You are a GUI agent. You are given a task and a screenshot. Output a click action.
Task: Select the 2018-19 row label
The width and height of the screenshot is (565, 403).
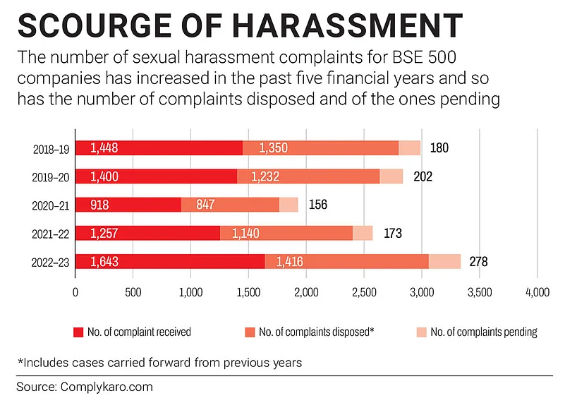51,148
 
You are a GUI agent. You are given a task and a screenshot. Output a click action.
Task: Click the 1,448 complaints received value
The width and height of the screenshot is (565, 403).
105,148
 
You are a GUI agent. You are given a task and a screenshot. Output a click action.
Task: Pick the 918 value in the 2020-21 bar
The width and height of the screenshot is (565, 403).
101,205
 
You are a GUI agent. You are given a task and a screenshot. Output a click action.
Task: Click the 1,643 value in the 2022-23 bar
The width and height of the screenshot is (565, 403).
105,262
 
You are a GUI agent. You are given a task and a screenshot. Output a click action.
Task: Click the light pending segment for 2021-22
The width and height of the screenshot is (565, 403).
363,233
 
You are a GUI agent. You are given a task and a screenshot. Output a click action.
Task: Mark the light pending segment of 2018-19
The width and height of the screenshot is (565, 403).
409,148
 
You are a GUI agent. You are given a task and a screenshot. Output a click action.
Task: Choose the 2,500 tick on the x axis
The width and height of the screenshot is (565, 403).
364,291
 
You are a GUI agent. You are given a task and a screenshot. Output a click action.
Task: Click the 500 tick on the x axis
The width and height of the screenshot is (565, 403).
133,291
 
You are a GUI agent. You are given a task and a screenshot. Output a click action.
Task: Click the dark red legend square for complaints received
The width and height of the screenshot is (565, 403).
78,332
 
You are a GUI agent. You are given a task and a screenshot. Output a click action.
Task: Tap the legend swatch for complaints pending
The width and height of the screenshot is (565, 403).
421,332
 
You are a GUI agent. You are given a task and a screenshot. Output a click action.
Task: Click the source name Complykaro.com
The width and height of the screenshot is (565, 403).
106,387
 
